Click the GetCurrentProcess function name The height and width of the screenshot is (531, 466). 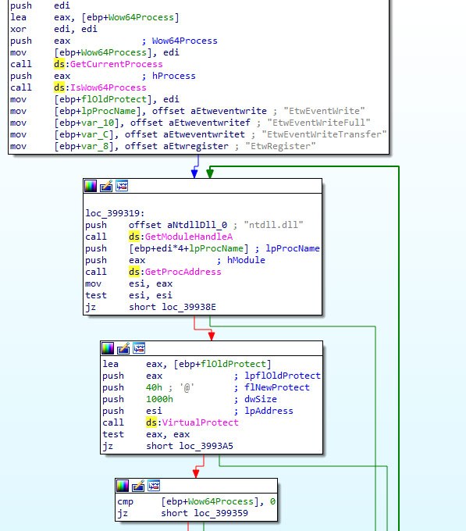pyautogui.click(x=116, y=64)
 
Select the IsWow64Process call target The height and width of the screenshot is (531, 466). pyautogui.click(x=108, y=87)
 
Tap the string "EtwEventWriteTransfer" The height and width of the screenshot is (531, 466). pyautogui.click(x=324, y=134)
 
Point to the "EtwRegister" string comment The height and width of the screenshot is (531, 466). pyautogui.click(x=280, y=146)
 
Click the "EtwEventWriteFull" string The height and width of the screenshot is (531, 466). pyautogui.click(x=318, y=123)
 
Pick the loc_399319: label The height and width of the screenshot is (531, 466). pyautogui.click(x=115, y=213)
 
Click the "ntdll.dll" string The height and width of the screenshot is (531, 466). pyautogui.click(x=273, y=225)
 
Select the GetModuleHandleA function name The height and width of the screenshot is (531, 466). pyautogui.click(x=189, y=237)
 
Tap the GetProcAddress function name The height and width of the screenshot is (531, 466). pyautogui.click(x=183, y=272)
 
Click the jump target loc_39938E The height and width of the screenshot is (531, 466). pyautogui.click(x=189, y=307)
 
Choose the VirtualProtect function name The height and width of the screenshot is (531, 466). pyautogui.click(x=201, y=422)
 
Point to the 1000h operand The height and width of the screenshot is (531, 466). pyautogui.click(x=159, y=399)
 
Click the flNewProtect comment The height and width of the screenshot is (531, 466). pyautogui.click(x=277, y=387)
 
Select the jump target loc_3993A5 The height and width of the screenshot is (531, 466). pyautogui.click(x=206, y=446)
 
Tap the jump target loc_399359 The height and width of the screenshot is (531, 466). pyautogui.click(x=221, y=513)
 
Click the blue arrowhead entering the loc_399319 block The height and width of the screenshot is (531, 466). pyautogui.click(x=194, y=173)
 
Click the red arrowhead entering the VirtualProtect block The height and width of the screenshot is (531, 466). pyautogui.click(x=212, y=336)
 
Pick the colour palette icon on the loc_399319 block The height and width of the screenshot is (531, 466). pyautogui.click(x=91, y=186)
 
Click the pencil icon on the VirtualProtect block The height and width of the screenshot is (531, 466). pyautogui.click(x=123, y=348)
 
